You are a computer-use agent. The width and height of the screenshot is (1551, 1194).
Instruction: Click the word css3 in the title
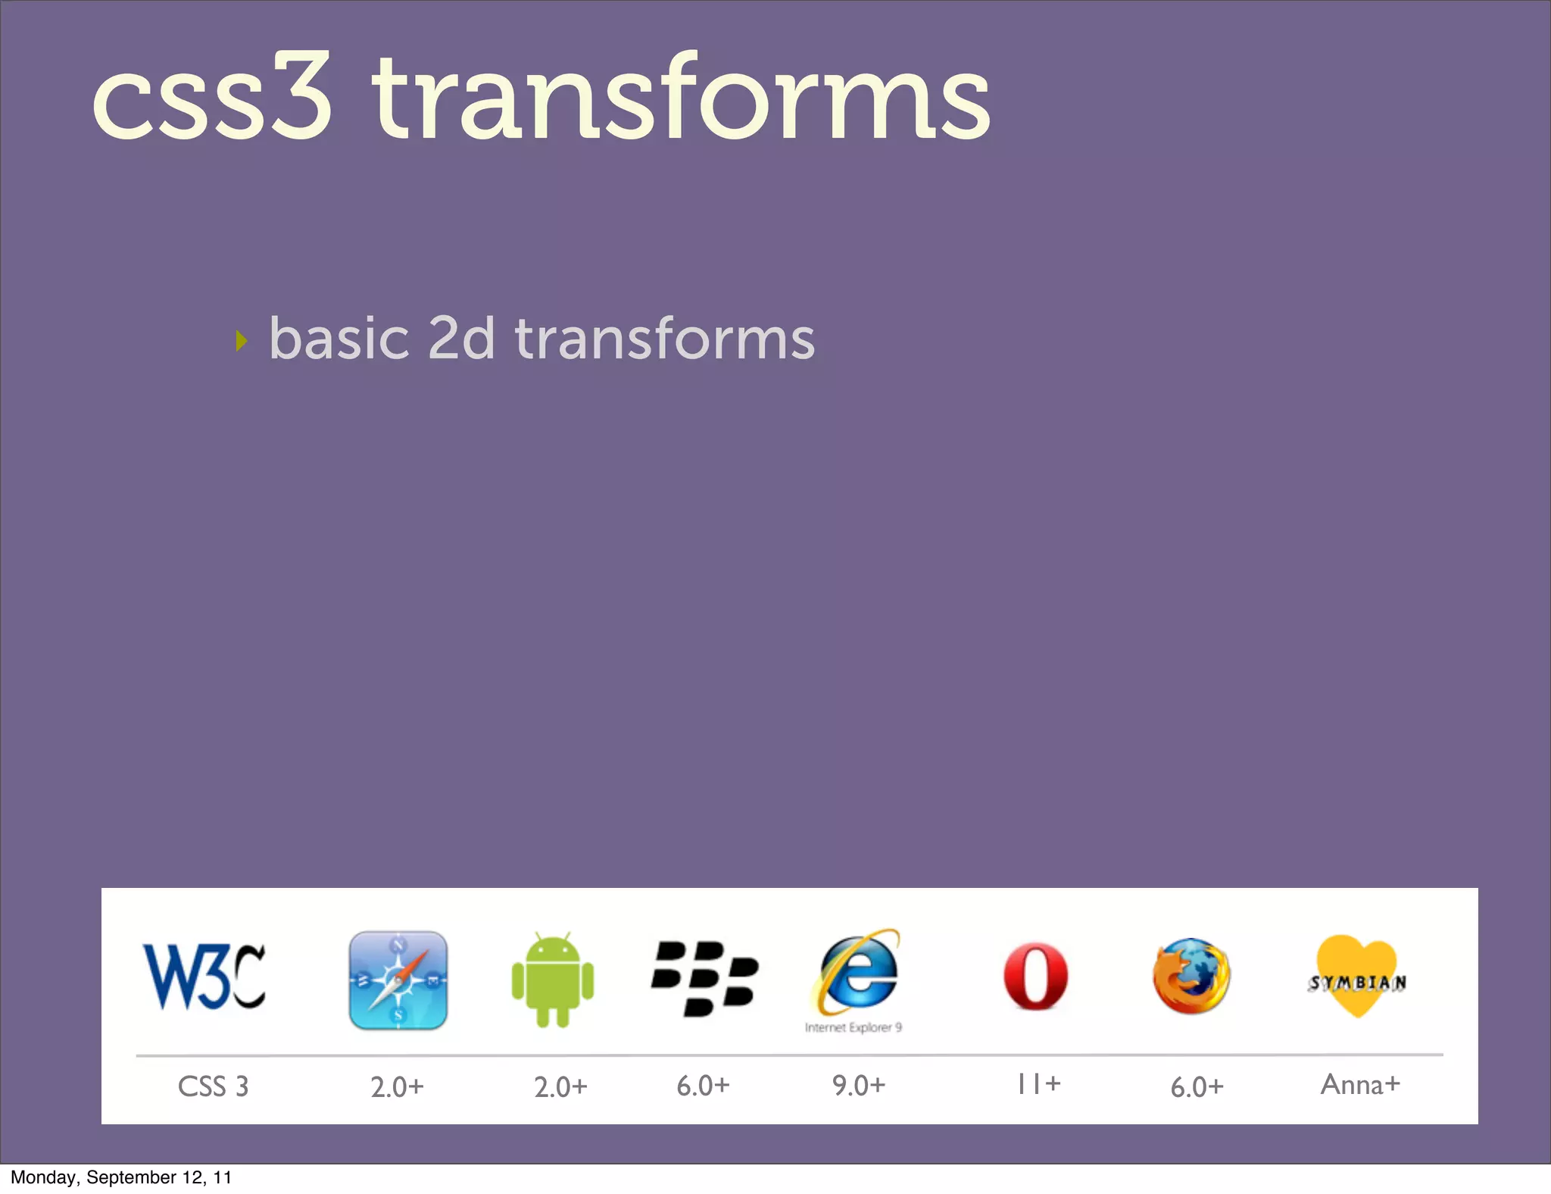[212, 98]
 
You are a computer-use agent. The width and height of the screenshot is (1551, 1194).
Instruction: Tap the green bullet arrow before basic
[242, 340]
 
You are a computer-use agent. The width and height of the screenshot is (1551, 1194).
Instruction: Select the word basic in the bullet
[339, 339]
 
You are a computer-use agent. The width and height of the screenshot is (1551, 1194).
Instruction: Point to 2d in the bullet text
[460, 339]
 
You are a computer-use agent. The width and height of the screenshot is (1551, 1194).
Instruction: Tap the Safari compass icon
[398, 980]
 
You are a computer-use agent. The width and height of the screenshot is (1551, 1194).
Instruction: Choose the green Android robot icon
[553, 980]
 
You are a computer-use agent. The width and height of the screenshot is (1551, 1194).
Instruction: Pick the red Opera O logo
[1035, 977]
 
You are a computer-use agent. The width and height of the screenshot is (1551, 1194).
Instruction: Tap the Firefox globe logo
[1191, 977]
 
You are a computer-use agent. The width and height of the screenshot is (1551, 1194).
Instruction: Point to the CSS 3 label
[213, 1086]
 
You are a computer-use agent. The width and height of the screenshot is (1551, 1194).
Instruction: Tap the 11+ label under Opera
[1038, 1084]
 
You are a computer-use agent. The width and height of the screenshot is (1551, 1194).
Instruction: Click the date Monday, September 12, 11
[121, 1177]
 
